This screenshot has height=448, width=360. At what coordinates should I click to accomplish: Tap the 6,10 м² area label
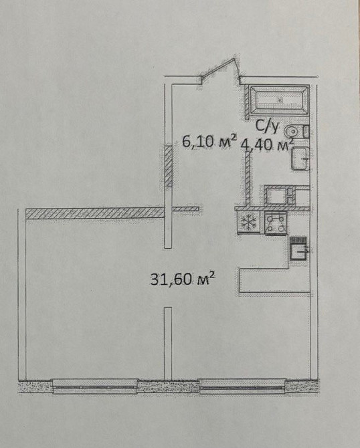pyautogui.click(x=209, y=142)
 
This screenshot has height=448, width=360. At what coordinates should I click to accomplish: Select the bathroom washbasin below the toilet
pyautogui.click(x=300, y=158)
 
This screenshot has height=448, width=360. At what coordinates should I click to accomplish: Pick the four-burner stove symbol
pyautogui.click(x=275, y=223)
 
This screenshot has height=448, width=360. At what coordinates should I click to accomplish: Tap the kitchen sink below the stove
pyautogui.click(x=298, y=251)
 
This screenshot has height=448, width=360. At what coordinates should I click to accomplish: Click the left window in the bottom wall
pyautogui.click(x=94, y=385)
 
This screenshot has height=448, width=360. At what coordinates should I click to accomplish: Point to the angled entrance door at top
pyautogui.click(x=221, y=72)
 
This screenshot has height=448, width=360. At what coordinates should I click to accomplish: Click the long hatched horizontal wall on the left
pyautogui.click(x=94, y=213)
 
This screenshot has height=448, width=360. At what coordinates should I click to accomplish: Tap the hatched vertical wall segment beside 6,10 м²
pyautogui.click(x=169, y=168)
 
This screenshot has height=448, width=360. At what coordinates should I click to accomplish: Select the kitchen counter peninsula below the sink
pyautogui.click(x=274, y=281)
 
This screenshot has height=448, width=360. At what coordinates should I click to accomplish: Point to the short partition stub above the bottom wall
pyautogui.click(x=168, y=341)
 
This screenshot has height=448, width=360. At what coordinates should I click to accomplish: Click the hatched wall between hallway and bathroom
pyautogui.click(x=248, y=181)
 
